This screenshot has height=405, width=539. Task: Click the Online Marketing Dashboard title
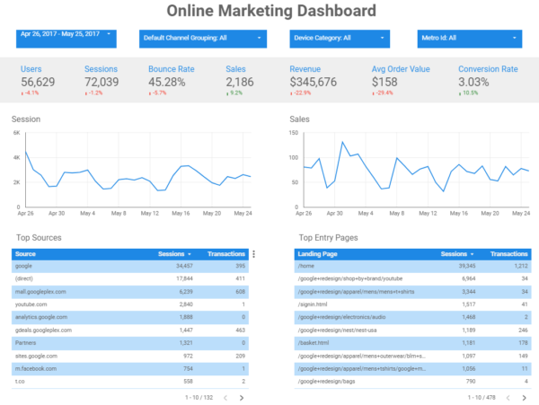click(x=270, y=12)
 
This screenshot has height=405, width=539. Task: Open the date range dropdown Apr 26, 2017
click(x=67, y=37)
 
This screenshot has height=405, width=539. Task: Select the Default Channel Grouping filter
click(x=203, y=39)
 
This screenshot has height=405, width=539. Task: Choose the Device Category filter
click(x=340, y=39)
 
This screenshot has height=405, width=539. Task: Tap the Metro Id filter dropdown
click(x=470, y=39)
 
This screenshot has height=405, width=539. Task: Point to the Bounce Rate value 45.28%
click(x=172, y=82)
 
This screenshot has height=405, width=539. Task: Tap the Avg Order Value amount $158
click(x=386, y=82)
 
